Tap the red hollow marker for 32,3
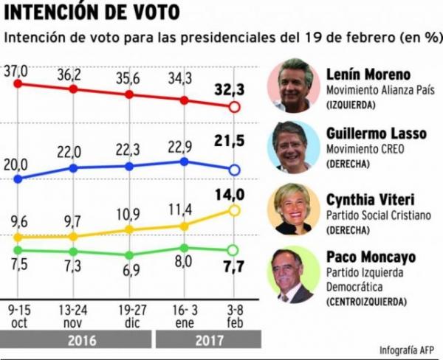[235, 107]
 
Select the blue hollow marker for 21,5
[235, 170]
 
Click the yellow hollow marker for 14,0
[235, 211]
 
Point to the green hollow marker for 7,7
[235, 249]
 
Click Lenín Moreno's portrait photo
[294, 86]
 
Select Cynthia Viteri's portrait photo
[294, 209]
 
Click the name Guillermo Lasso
[376, 134]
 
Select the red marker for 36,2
[73, 89]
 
